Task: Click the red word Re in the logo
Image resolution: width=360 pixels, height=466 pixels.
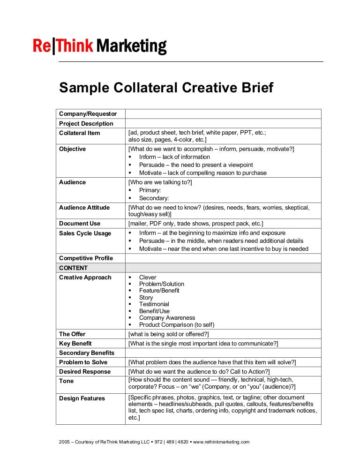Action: (42, 46)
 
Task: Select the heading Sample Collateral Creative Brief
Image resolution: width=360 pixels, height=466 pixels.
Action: (165, 88)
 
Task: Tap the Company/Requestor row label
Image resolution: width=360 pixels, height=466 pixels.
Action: (88, 114)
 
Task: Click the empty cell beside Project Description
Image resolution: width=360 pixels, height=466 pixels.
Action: (223, 124)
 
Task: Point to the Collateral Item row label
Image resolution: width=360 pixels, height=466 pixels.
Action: (79, 133)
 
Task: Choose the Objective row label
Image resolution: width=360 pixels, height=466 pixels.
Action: (73, 149)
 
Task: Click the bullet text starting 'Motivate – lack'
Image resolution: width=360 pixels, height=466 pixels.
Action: (202, 173)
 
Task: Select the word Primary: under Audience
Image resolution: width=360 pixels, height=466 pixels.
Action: (150, 190)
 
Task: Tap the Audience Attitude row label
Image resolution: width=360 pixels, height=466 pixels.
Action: (84, 208)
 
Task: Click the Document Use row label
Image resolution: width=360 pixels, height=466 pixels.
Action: (80, 224)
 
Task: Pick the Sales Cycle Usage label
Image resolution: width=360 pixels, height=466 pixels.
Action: (85, 233)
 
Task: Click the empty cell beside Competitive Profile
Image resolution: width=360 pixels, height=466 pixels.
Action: (223, 258)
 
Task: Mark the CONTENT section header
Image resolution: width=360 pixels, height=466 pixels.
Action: (73, 268)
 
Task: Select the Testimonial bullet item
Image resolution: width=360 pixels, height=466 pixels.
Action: (154, 304)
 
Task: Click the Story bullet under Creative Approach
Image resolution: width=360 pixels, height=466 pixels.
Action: (146, 298)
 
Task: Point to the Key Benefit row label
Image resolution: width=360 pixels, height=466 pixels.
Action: (76, 344)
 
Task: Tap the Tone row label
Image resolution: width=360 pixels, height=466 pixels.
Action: (67, 381)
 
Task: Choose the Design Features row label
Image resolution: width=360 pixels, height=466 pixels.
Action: (82, 398)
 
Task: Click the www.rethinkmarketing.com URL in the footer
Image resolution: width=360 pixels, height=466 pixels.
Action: (221, 442)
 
